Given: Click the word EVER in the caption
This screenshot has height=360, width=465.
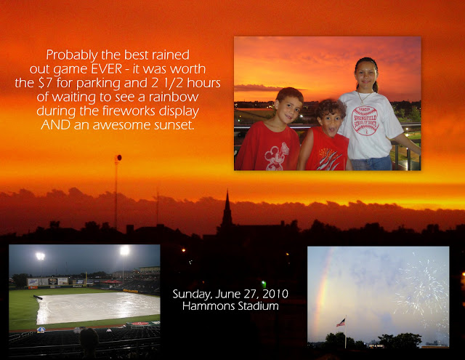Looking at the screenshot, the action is (x=106, y=69).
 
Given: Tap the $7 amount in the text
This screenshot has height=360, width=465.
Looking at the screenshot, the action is (x=46, y=83).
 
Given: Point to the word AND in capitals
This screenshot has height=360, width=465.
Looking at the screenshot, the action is (x=55, y=124).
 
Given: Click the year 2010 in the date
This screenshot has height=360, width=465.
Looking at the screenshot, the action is (x=275, y=294).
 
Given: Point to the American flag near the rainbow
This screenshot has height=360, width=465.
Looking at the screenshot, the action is (x=341, y=323).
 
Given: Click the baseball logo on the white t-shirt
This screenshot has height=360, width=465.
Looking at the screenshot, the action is (x=365, y=121).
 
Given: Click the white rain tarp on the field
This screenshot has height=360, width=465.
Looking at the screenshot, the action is (x=98, y=307).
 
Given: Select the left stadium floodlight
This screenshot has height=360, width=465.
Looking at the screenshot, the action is (x=41, y=256).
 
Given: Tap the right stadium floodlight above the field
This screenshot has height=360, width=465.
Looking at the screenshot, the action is (x=125, y=250).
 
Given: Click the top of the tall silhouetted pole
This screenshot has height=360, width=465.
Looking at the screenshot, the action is (x=118, y=158).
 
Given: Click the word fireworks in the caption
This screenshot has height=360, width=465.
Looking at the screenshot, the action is (x=129, y=111).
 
